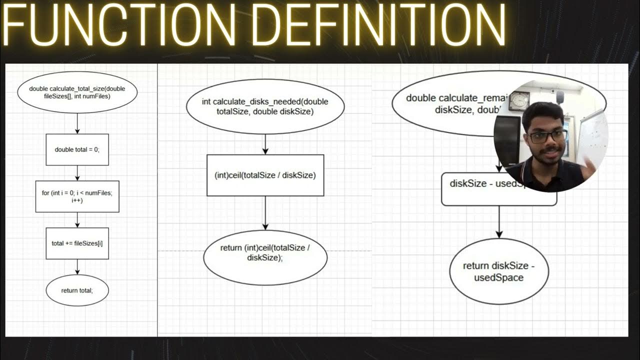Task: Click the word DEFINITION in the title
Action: (x=380, y=25)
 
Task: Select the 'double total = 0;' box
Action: (x=77, y=149)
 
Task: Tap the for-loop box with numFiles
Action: (x=77, y=196)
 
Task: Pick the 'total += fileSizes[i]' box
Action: (x=77, y=243)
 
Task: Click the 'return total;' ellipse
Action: (x=77, y=290)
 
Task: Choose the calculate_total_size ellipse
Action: (x=77, y=92)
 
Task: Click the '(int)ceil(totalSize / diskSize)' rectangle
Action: (x=265, y=175)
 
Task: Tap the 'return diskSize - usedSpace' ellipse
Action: (x=498, y=271)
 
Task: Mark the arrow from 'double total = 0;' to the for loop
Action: (x=77, y=173)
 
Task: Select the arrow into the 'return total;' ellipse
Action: (x=77, y=267)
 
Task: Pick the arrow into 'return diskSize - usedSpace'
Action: (x=498, y=222)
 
